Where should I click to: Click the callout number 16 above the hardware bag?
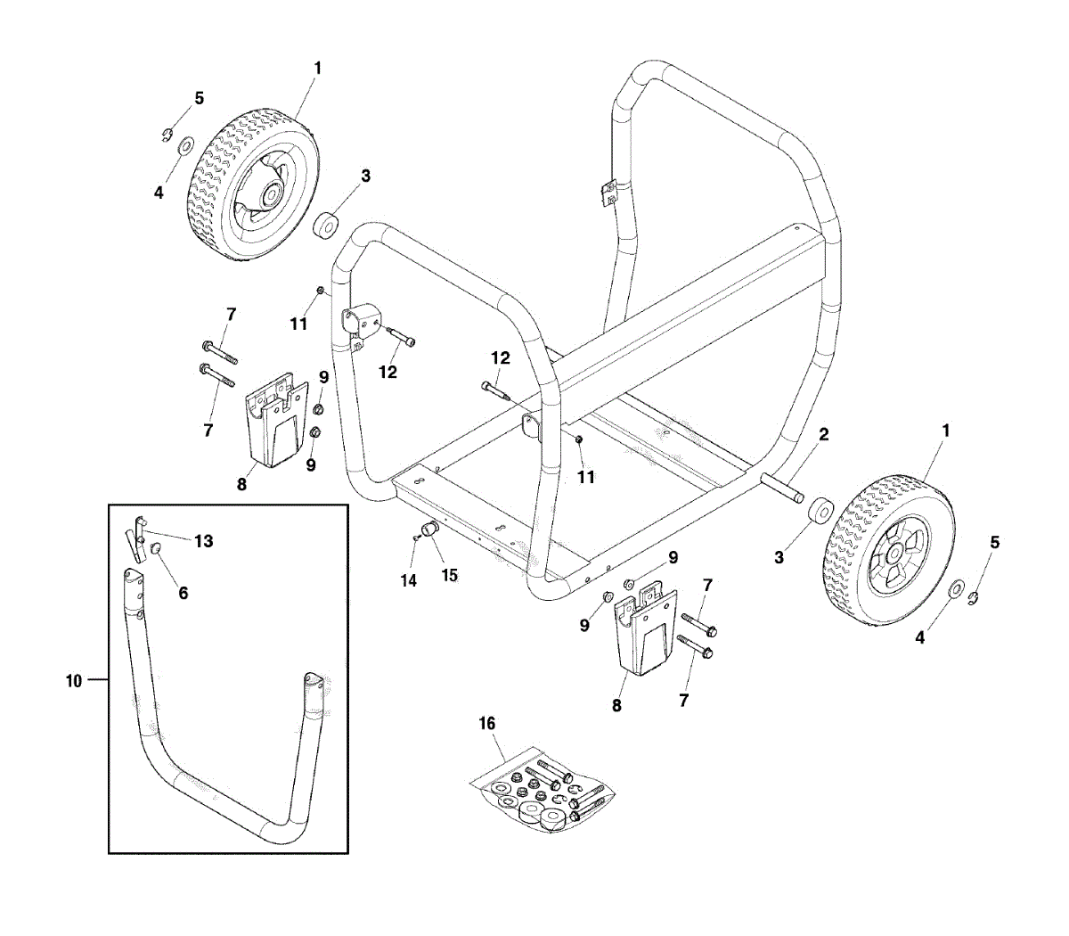pyautogui.click(x=487, y=724)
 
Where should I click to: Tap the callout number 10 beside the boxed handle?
pyautogui.click(x=73, y=681)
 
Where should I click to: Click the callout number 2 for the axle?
pyautogui.click(x=824, y=434)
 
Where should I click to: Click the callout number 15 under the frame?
pyautogui.click(x=450, y=576)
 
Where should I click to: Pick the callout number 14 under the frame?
pyautogui.click(x=409, y=580)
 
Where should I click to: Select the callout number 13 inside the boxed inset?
pyautogui.click(x=204, y=541)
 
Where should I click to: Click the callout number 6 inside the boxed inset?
pyautogui.click(x=184, y=593)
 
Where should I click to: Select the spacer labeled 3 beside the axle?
pyautogui.click(x=820, y=515)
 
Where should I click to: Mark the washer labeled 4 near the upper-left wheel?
pyautogui.click(x=186, y=145)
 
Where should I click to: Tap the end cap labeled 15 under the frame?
pyautogui.click(x=432, y=531)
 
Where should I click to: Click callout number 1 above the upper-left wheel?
pyautogui.click(x=318, y=68)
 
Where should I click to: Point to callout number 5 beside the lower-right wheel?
pyautogui.click(x=995, y=542)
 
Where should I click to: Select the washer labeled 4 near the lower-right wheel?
pyautogui.click(x=955, y=589)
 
